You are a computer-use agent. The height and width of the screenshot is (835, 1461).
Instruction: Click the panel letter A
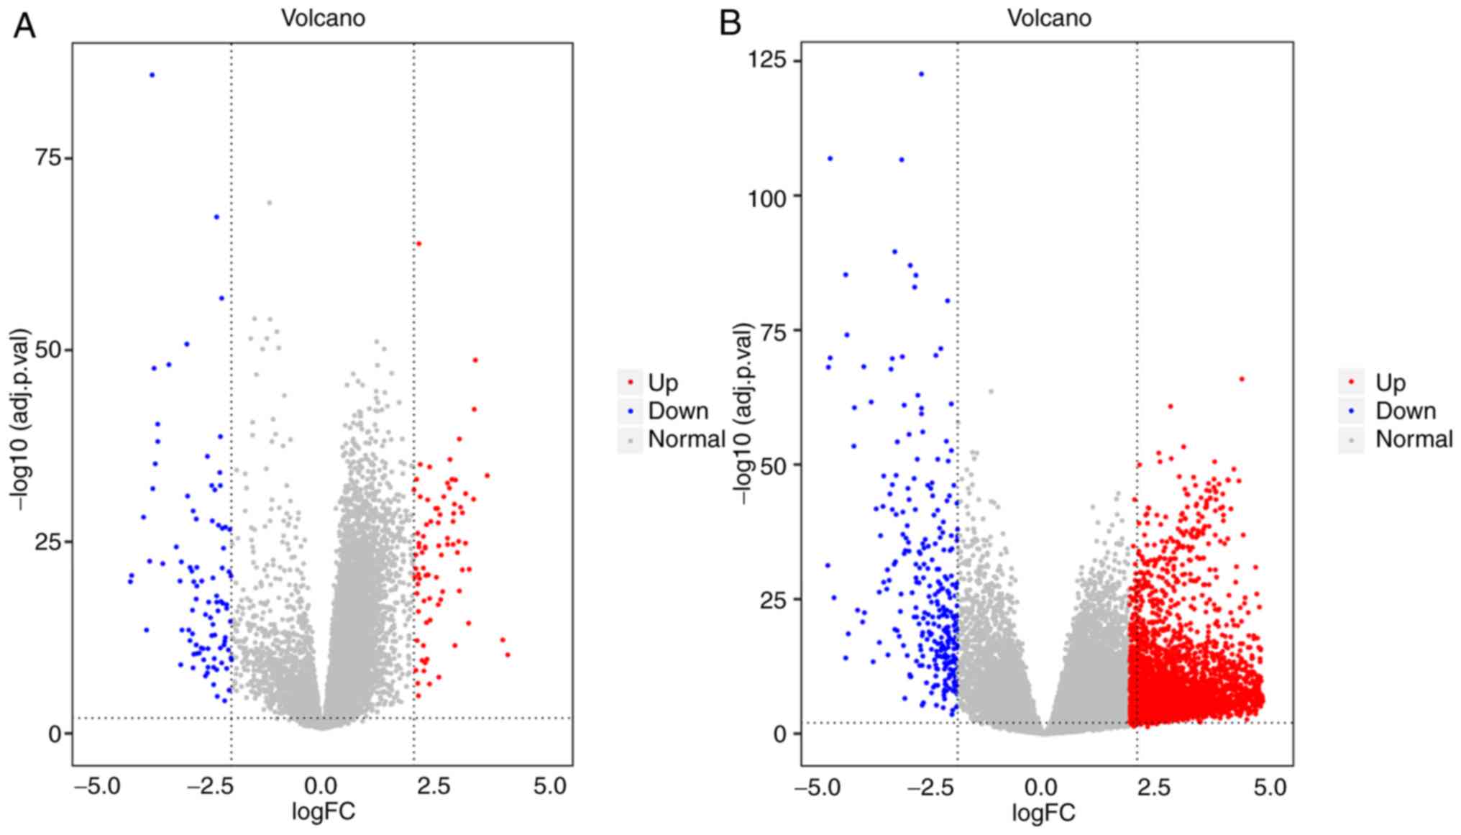coord(25,26)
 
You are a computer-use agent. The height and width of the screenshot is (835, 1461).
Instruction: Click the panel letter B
coord(730,24)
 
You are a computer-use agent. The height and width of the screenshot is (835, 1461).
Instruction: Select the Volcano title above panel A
coord(323,18)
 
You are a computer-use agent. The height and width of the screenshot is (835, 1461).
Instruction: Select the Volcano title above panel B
coord(1049,18)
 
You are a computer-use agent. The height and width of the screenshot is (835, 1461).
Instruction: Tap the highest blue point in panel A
coord(152,75)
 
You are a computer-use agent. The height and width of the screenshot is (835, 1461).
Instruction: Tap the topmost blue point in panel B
coord(921,74)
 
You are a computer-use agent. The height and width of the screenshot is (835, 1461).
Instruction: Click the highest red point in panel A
coord(418,244)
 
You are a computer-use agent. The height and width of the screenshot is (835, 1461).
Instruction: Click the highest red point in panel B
coord(1241,379)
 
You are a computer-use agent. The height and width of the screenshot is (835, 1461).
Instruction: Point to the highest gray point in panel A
coord(269,203)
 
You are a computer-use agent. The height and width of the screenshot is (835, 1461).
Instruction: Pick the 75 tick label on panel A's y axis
coord(49,158)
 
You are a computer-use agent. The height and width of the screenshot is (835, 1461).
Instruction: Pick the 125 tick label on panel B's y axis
coord(766,60)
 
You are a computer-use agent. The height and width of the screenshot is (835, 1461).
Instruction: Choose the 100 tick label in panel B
coord(766,196)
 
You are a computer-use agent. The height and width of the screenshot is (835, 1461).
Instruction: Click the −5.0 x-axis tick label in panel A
coord(98,786)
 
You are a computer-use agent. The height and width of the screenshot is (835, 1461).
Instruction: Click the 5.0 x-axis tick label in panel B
coord(1270,786)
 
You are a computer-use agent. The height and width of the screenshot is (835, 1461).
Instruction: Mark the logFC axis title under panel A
coord(323,813)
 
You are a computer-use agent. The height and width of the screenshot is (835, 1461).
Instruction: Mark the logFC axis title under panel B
coord(1043,813)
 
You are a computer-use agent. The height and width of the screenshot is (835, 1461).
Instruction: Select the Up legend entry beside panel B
coord(1390,383)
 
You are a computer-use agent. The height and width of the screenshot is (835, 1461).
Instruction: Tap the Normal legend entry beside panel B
coord(1414,439)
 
